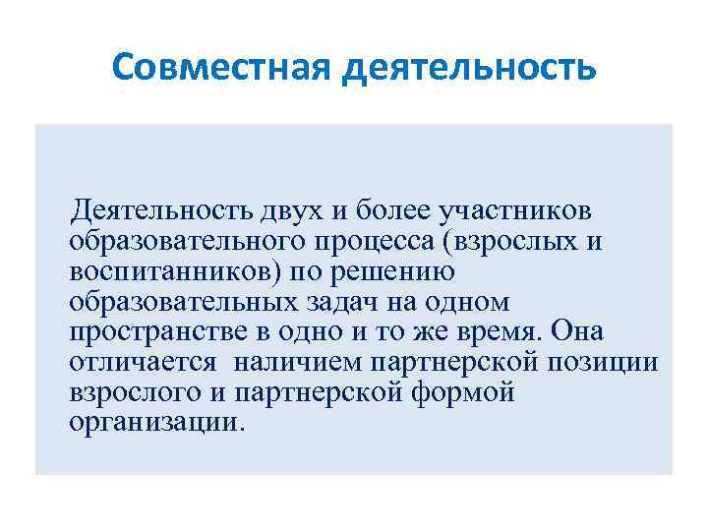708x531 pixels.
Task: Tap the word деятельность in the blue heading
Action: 474,68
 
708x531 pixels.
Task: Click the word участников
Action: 516,210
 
